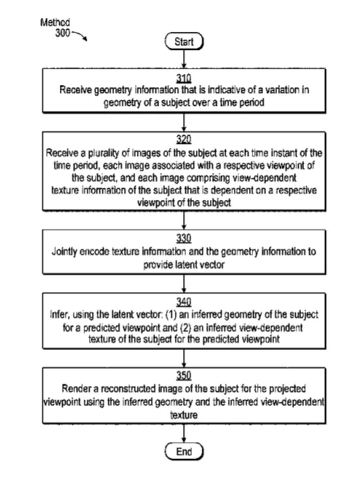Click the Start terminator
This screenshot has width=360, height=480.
pyautogui.click(x=184, y=41)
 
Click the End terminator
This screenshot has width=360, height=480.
pyautogui.click(x=184, y=451)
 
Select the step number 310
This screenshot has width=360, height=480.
pyautogui.click(x=184, y=78)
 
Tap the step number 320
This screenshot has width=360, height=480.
pyautogui.click(x=184, y=140)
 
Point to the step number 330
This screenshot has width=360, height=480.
pyautogui.click(x=184, y=238)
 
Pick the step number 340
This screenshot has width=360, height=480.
pyautogui.click(x=184, y=302)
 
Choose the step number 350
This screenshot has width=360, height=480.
pyautogui.click(x=184, y=375)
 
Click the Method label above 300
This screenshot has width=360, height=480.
pyautogui.click(x=55, y=22)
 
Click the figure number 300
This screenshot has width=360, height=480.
pyautogui.click(x=63, y=33)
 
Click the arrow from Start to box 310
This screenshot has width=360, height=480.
pyautogui.click(x=184, y=59)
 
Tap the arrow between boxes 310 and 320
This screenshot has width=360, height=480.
pyautogui.click(x=184, y=122)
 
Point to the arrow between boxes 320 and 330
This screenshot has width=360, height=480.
pyautogui.click(x=184, y=220)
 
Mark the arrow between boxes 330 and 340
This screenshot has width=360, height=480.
pyautogui.click(x=184, y=284)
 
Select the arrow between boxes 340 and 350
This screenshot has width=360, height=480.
pyautogui.click(x=184, y=358)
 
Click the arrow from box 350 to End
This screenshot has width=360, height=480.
pyautogui.click(x=184, y=433)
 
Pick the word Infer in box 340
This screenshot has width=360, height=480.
pyautogui.click(x=58, y=315)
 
